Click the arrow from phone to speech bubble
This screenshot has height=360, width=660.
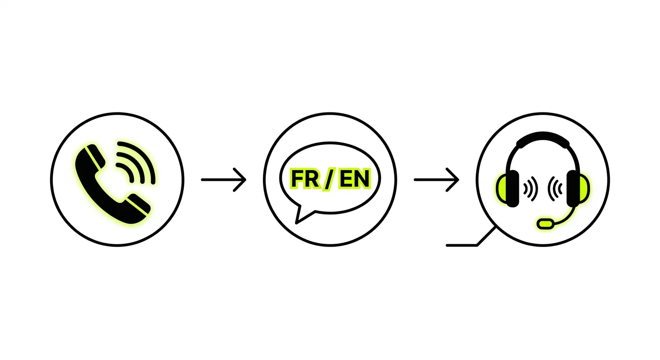pos(224,180)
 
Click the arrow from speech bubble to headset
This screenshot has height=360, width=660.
pos(436,180)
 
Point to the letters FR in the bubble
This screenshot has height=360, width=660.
pos(305,179)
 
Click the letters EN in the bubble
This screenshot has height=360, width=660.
pos(354,179)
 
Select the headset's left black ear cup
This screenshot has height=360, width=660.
pos(512,188)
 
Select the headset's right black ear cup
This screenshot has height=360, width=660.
pos(573,188)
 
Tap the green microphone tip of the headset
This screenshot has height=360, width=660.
pos(545,223)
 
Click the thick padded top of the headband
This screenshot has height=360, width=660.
pos(543,138)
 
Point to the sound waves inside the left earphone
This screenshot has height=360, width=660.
pos(530,189)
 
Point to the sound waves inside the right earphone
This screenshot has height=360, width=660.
pos(555,189)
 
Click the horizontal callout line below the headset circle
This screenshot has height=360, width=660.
pos(462,245)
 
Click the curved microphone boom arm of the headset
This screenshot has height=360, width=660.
pos(567,217)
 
